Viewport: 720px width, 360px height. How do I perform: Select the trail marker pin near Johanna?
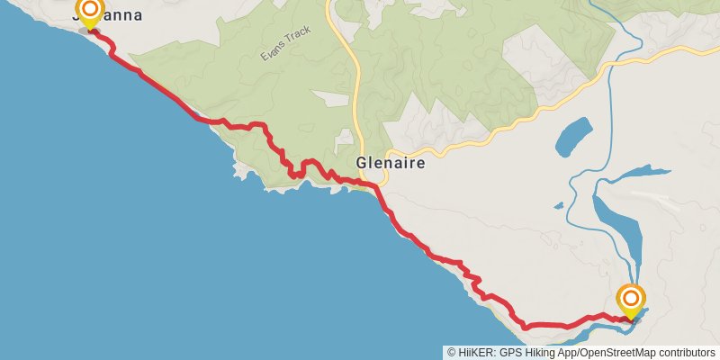89,13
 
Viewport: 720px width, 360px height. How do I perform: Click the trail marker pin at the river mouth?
631,302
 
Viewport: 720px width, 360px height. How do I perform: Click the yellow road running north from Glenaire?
355,90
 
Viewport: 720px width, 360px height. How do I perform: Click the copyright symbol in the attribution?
452,353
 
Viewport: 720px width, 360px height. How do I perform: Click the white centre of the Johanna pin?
89,10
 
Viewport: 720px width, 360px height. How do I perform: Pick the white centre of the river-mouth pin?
631,298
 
